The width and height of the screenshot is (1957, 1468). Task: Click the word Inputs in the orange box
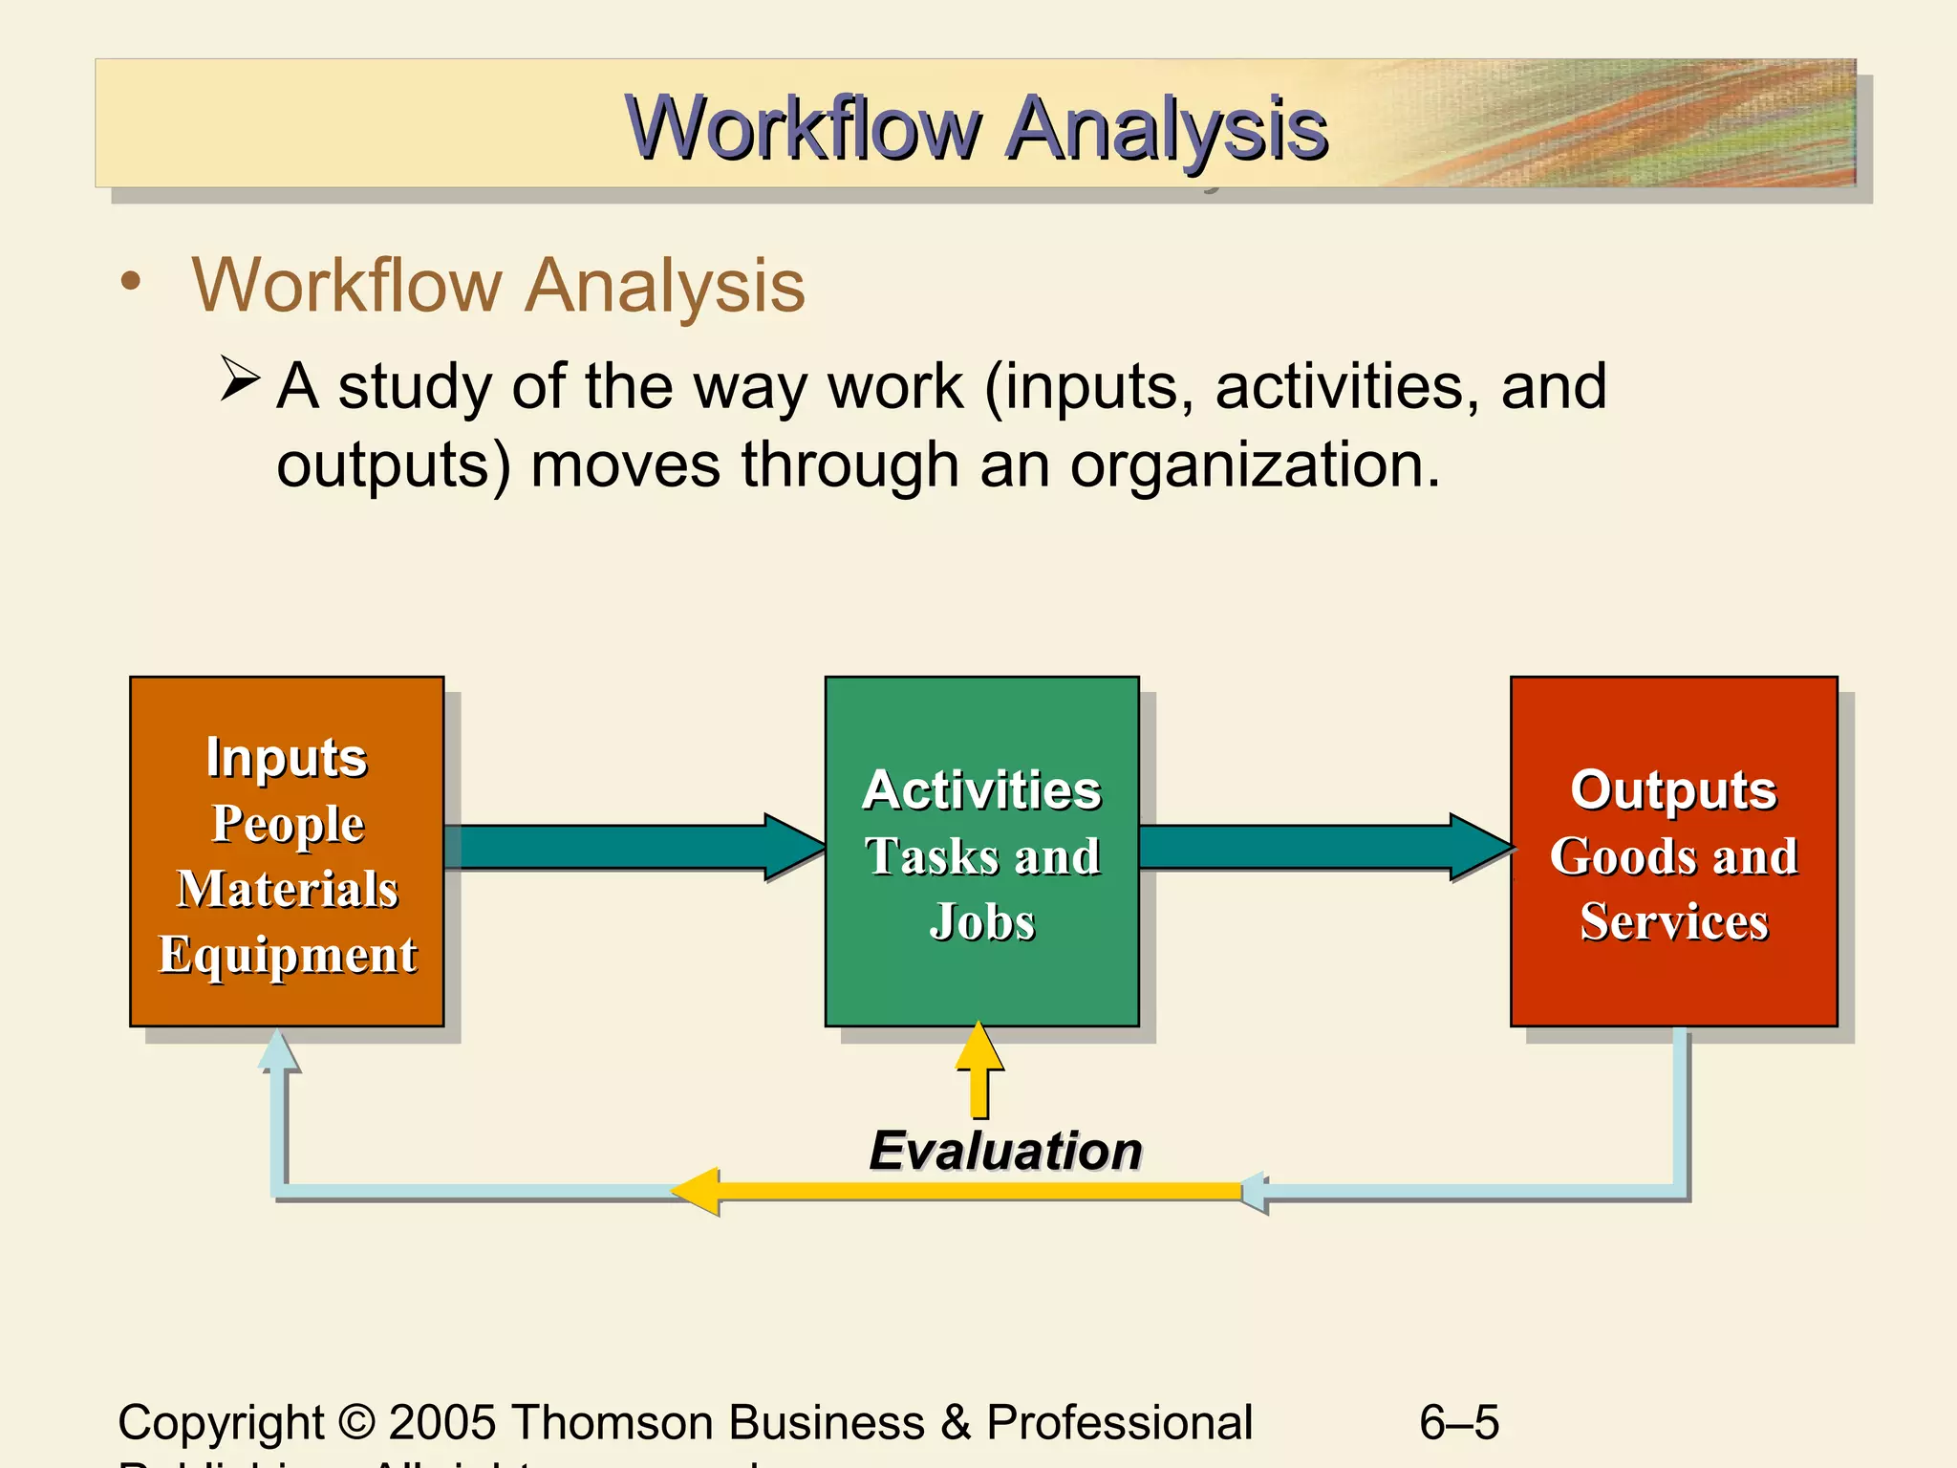286,757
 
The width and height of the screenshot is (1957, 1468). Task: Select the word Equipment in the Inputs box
287,954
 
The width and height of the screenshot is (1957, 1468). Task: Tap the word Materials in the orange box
287,889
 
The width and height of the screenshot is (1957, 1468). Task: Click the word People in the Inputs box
287,823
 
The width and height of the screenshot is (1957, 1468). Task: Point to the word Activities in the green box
981,790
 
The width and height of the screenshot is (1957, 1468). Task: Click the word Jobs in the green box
981,922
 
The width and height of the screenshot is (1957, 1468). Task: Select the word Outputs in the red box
1673,790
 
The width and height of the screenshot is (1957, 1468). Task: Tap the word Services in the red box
1673,922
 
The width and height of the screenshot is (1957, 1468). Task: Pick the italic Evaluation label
1005,1150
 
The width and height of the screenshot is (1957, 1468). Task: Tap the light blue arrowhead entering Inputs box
278,1051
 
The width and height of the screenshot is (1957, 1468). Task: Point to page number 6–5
1458,1422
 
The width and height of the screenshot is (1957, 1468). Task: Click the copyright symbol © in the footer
356,1422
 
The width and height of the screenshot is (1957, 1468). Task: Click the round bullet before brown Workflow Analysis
131,282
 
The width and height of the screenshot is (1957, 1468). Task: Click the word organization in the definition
1253,465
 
